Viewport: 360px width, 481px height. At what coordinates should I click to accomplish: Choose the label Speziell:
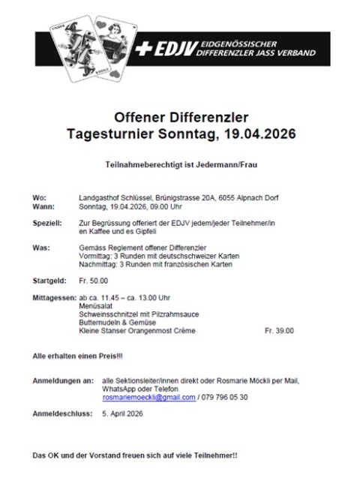46,224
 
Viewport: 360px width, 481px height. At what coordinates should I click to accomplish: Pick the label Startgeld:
49,280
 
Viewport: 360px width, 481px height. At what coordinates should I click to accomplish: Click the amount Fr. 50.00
93,280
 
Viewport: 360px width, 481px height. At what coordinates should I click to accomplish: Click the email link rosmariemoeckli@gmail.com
148,397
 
